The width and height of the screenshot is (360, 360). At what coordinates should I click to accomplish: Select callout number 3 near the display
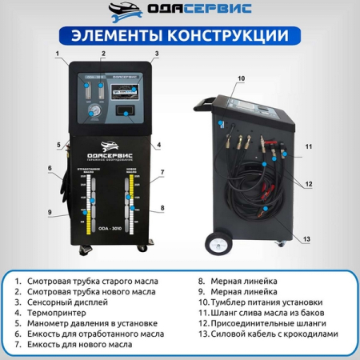(x=157, y=54)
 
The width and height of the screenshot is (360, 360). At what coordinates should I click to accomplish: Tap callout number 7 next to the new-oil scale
(x=162, y=171)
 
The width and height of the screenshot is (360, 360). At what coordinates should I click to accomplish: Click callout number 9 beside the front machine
(x=49, y=212)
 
